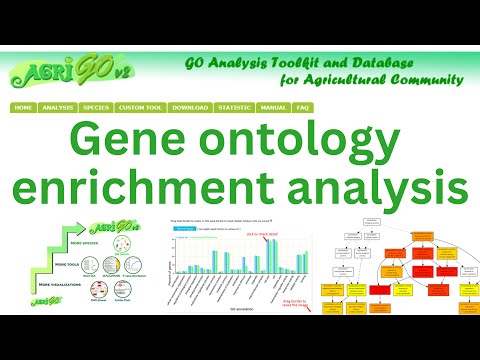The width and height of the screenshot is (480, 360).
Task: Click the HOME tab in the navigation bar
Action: [x=24, y=107]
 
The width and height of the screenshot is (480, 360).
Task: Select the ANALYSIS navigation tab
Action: [x=59, y=107]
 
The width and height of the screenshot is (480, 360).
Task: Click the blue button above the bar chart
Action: [x=185, y=228]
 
